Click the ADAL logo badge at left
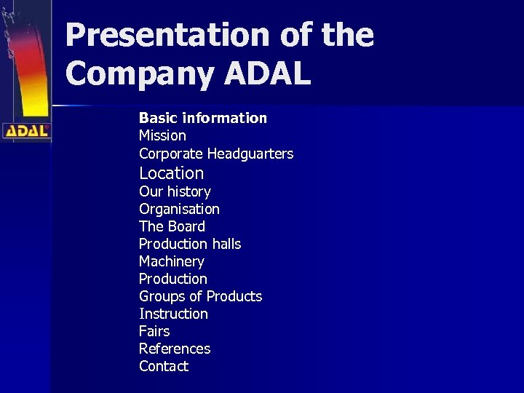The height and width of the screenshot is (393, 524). [26, 131]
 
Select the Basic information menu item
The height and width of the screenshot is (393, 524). [203, 118]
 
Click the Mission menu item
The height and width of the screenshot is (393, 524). [162, 135]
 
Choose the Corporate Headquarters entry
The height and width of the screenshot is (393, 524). [216, 154]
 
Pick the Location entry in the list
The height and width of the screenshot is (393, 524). [171, 173]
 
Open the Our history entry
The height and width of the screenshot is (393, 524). [175, 191]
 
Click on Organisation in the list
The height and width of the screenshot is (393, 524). [179, 209]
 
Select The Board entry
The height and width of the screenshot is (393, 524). [172, 226]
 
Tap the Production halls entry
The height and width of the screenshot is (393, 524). [190, 244]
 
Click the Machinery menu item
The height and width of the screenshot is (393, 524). [172, 261]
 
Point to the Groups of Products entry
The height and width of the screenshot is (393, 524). [200, 296]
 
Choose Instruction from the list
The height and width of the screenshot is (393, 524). [173, 314]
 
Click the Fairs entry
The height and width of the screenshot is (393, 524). [154, 331]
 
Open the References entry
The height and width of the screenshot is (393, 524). [175, 349]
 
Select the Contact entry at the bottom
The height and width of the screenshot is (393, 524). [164, 366]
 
